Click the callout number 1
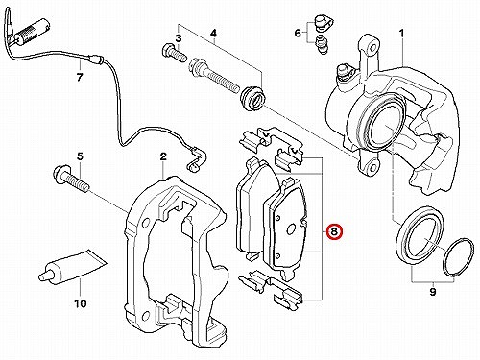point(401,34)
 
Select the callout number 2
point(163,156)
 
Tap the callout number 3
point(179,38)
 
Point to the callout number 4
point(213,33)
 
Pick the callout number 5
point(80,156)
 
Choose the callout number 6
point(298,33)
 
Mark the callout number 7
point(80,77)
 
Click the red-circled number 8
point(334,231)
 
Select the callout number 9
point(433,292)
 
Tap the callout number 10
point(81,303)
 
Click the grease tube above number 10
point(72,265)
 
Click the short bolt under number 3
point(175,54)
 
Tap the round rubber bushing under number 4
point(252,98)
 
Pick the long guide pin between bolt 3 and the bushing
point(214,75)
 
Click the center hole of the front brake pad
point(291,228)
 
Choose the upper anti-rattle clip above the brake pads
point(271,146)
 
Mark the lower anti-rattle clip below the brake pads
point(271,286)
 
